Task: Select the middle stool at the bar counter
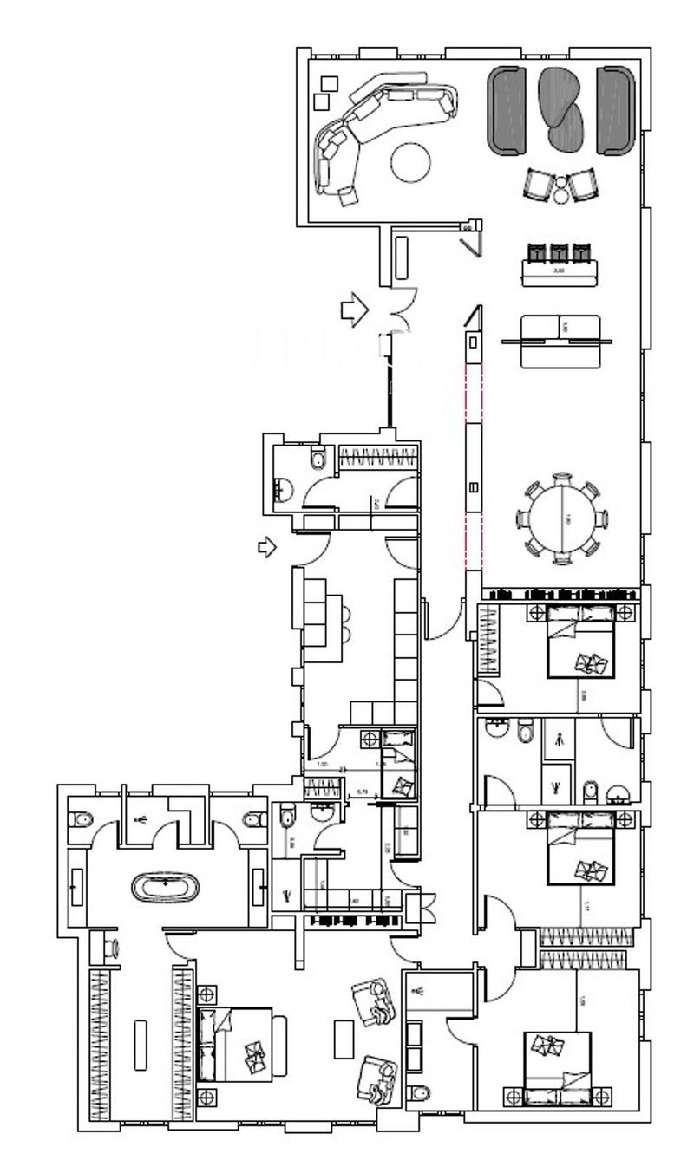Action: (x=560, y=253)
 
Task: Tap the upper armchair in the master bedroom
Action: (x=375, y=1001)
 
